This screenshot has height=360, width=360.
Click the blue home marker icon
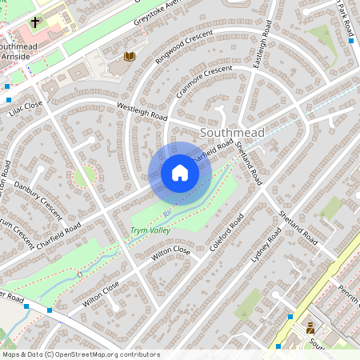click(x=180, y=173)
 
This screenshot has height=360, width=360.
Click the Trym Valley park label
click(x=150, y=231)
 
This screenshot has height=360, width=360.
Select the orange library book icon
click(x=130, y=57)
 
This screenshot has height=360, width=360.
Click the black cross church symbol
click(x=35, y=22)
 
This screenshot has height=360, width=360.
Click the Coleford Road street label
click(x=226, y=233)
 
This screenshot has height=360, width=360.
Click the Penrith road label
click(x=349, y=297)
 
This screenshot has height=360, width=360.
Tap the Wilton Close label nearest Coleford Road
click(x=171, y=254)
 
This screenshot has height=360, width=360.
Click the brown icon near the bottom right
click(x=310, y=328)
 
